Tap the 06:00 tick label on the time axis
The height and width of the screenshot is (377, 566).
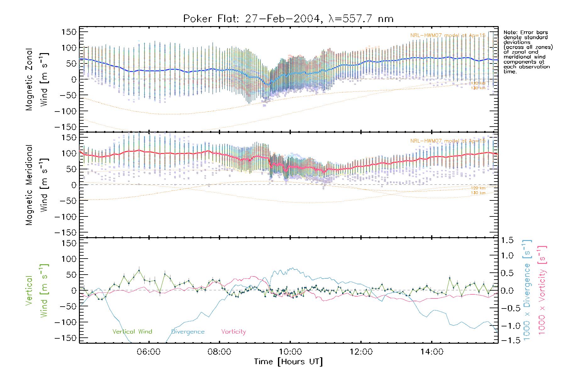pos(148,352)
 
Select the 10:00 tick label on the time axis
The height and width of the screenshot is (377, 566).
pos(290,352)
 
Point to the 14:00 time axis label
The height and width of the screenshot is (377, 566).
pos(432,352)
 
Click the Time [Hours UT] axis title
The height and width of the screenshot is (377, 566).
pos(288,362)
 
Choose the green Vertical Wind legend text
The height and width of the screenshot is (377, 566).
pos(132,331)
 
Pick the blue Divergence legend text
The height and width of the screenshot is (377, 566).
pos(188,331)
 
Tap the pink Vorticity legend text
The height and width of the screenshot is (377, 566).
pos(233,331)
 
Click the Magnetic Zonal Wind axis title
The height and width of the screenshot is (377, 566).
pos(37,79)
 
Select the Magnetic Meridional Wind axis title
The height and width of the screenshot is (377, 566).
pos(37,185)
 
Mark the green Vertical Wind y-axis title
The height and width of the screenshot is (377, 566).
pos(37,291)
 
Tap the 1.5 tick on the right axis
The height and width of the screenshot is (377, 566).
pos(507,240)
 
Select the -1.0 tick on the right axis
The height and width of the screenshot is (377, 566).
pos(507,326)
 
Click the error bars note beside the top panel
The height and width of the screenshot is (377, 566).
pos(528,52)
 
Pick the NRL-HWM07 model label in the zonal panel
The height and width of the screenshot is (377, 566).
pos(448,36)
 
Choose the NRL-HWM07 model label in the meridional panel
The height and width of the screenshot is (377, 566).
pos(448,141)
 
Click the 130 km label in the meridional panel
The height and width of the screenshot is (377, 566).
pos(478,193)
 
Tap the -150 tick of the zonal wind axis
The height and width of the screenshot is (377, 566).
pos(66,127)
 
